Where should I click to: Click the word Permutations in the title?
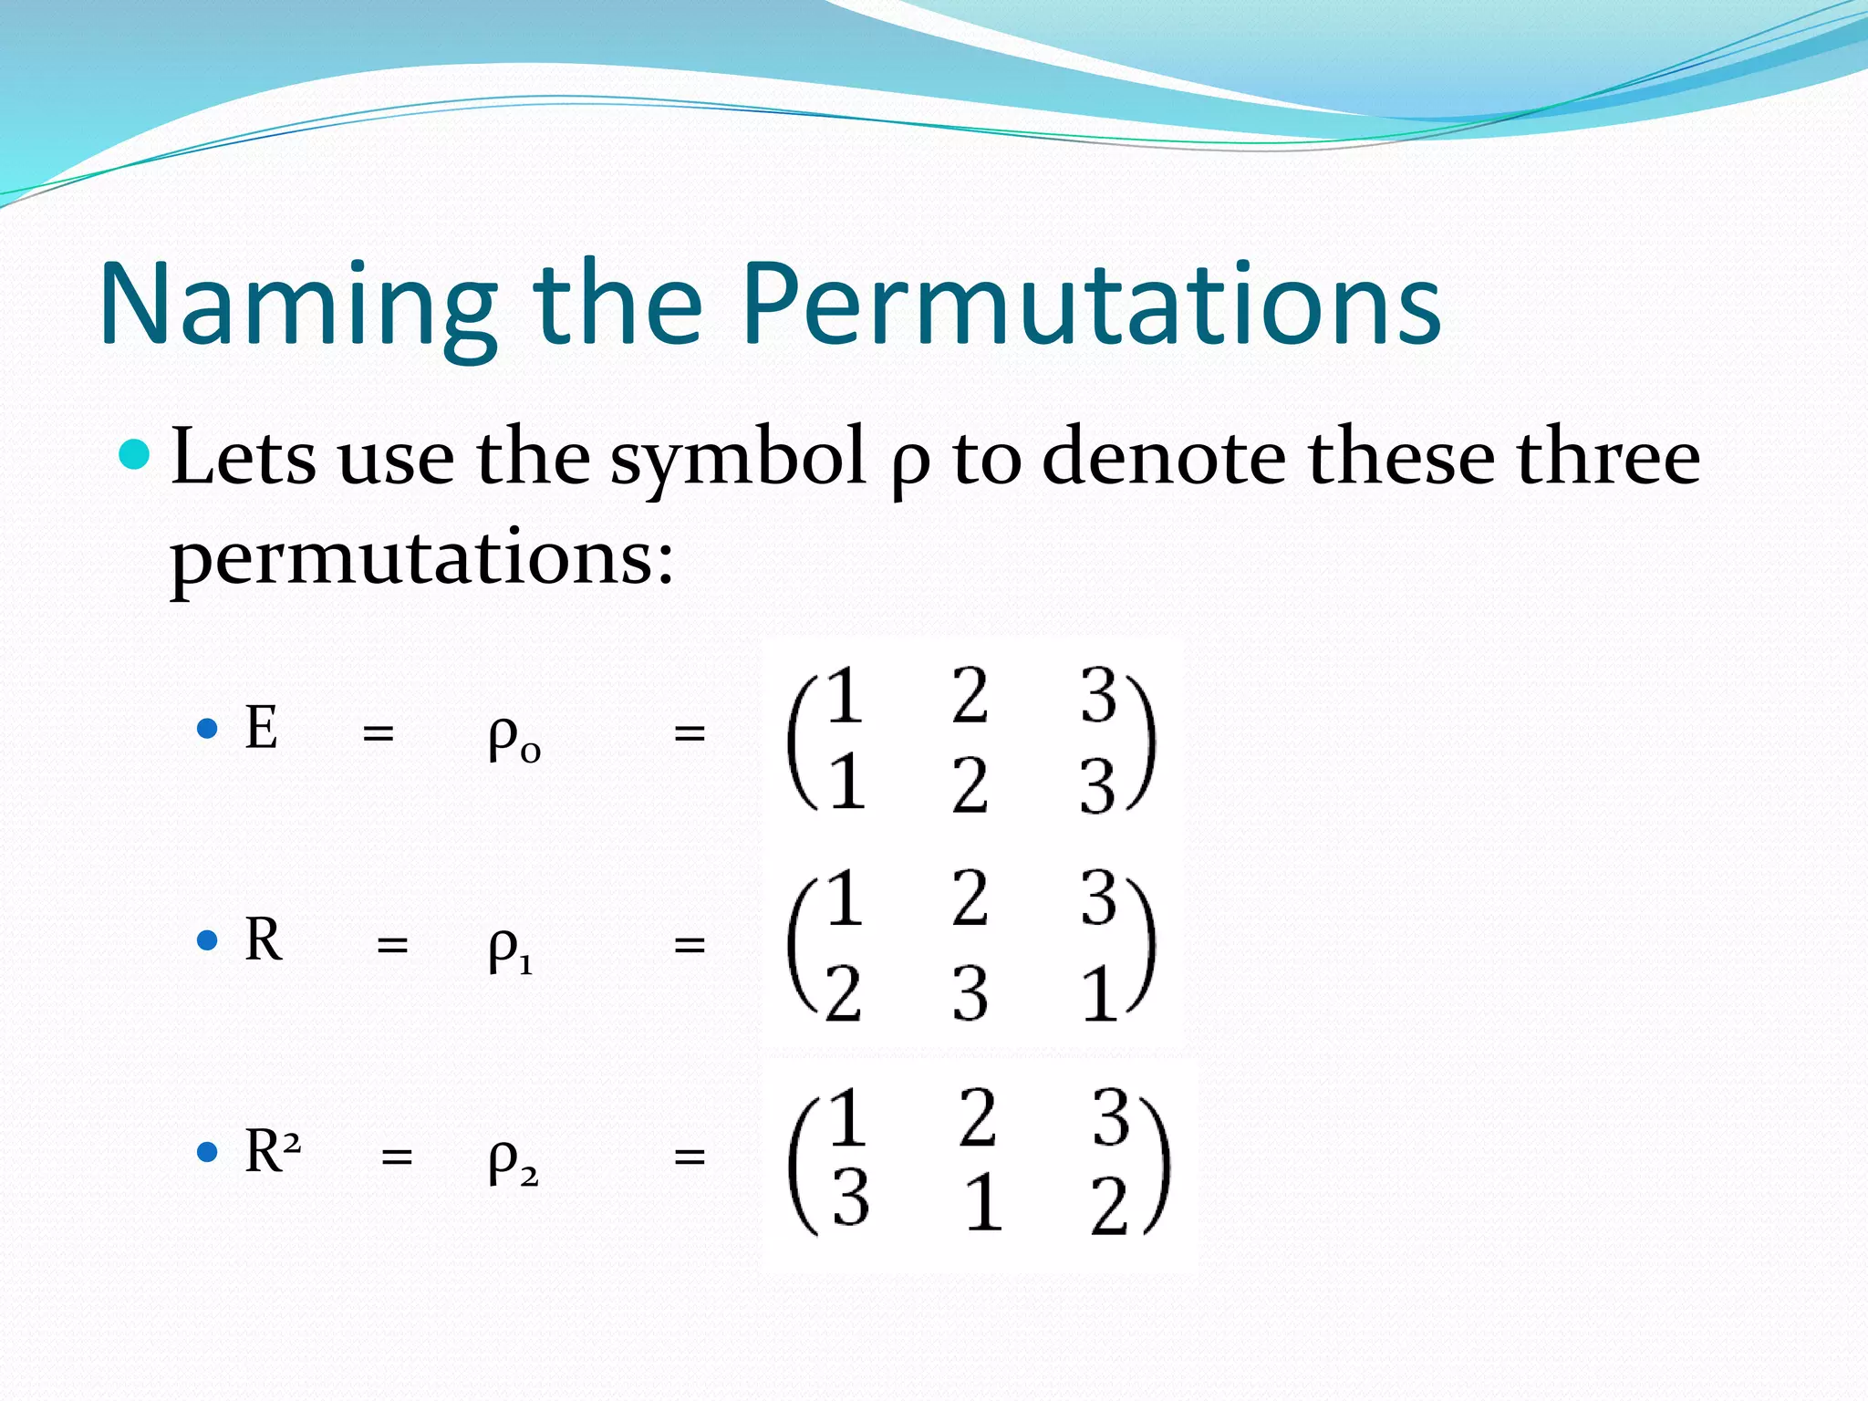(x=1091, y=306)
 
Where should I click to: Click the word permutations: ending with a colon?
(x=422, y=558)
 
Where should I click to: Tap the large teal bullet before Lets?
(x=135, y=453)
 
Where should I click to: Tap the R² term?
(x=272, y=1151)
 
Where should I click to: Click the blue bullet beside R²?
(x=208, y=1152)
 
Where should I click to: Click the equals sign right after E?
(x=378, y=732)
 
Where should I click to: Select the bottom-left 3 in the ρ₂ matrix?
(x=850, y=1198)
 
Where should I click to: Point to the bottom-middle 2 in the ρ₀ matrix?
(x=970, y=784)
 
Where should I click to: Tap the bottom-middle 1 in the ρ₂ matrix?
(x=983, y=1202)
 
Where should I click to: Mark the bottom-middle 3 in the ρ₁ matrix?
(x=970, y=994)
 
